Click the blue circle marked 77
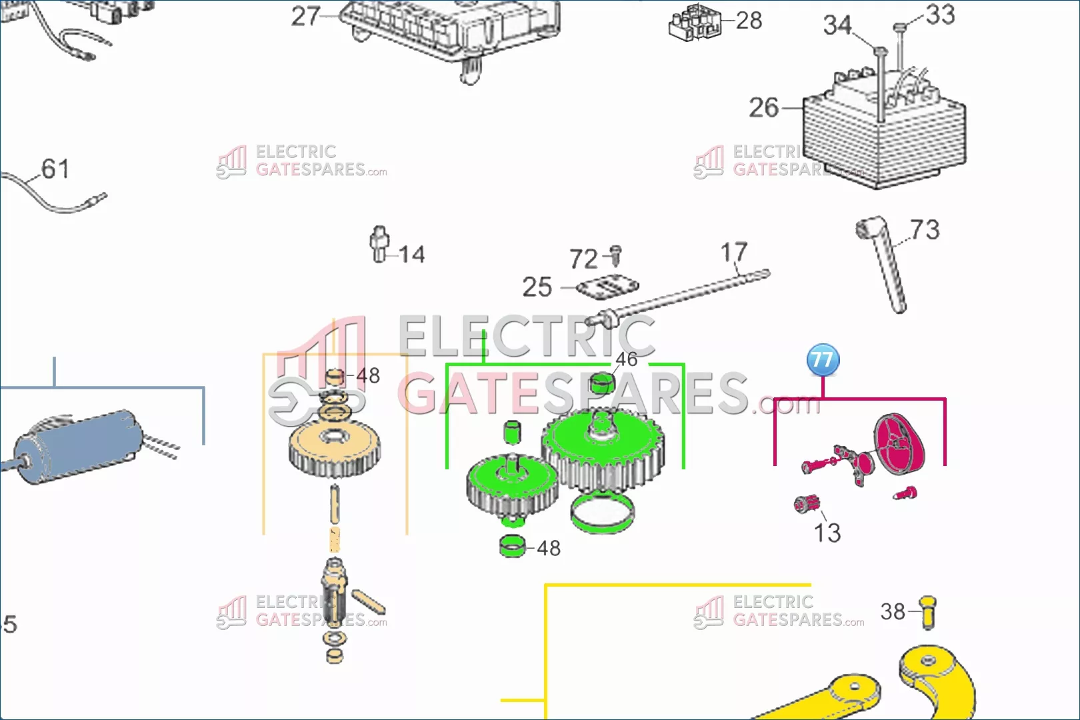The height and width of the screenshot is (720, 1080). pyautogui.click(x=823, y=360)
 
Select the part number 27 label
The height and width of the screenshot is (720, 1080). pyautogui.click(x=306, y=17)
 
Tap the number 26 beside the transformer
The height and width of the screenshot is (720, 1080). pyautogui.click(x=764, y=107)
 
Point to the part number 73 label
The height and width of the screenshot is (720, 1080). pyautogui.click(x=925, y=229)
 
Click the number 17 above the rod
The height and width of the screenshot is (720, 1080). pyautogui.click(x=734, y=252)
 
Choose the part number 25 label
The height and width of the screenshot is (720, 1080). pyautogui.click(x=537, y=287)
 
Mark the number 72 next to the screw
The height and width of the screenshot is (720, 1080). pyautogui.click(x=583, y=259)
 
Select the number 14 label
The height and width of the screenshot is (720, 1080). pyautogui.click(x=412, y=255)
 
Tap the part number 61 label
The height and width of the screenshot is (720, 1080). pyautogui.click(x=55, y=169)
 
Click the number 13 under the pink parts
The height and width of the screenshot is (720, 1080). pyautogui.click(x=827, y=533)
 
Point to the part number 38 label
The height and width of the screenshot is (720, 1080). pyautogui.click(x=893, y=612)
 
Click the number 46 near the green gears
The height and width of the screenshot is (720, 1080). pyautogui.click(x=626, y=359)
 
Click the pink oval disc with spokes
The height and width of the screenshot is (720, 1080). pyautogui.click(x=900, y=444)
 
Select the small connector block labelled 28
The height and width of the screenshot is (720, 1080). pyautogui.click(x=695, y=22)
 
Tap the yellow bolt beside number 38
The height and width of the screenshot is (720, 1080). pyautogui.click(x=928, y=613)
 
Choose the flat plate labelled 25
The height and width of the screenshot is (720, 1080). pyautogui.click(x=607, y=287)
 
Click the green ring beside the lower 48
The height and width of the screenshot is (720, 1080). pyautogui.click(x=513, y=547)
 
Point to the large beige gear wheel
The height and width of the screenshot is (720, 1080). pyautogui.click(x=335, y=447)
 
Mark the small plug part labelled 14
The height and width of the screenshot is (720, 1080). pyautogui.click(x=380, y=244)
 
